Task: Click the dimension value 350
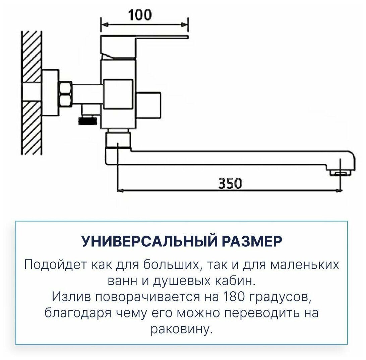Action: (230, 183)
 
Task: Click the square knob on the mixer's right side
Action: (149, 105)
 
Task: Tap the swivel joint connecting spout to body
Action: (118, 140)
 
